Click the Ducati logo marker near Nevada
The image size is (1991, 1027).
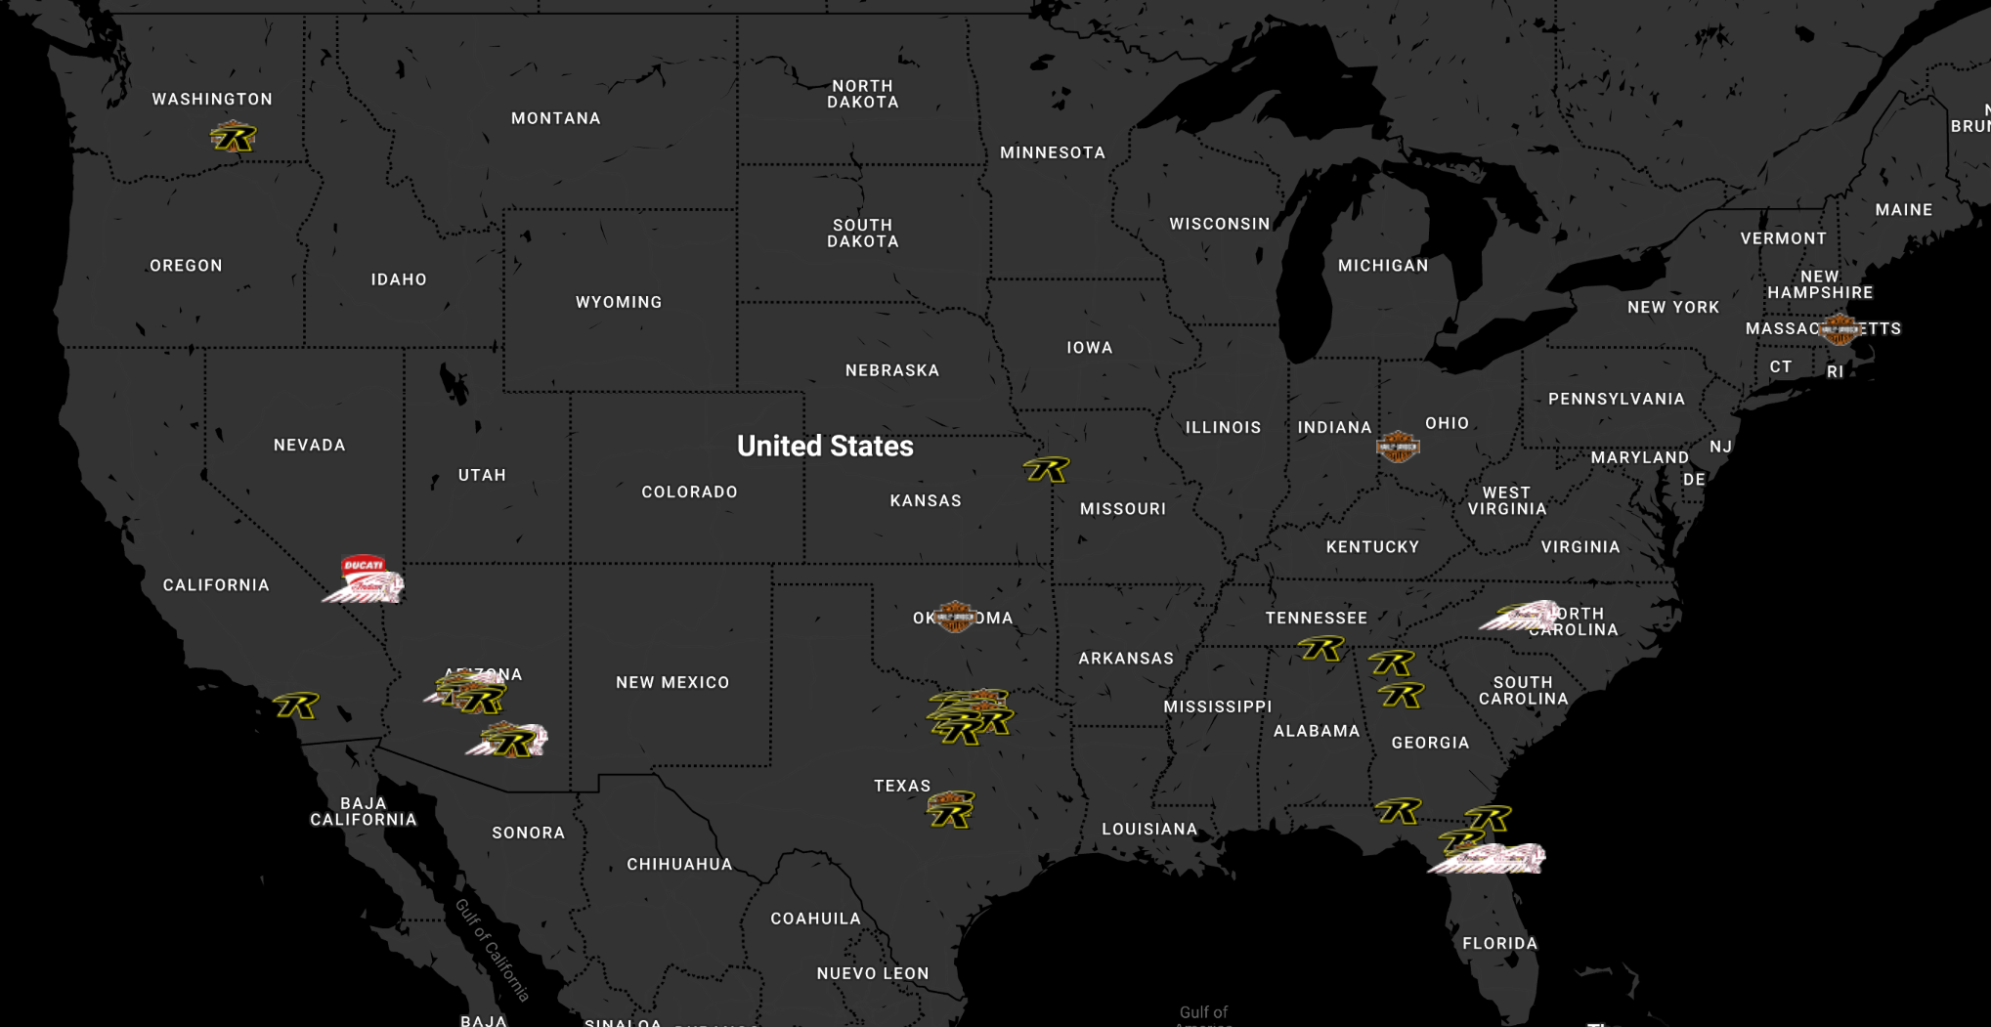[363, 566]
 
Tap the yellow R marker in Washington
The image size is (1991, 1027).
[233, 138]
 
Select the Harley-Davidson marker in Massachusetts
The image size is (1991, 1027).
[1840, 329]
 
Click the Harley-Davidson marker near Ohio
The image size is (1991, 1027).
[1397, 447]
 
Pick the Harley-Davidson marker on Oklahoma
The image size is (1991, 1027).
[954, 617]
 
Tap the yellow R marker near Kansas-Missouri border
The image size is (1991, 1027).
[1046, 470]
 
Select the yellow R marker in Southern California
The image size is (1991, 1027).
[296, 706]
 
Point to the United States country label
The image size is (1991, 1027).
[825, 447]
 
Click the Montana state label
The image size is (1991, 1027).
[556, 118]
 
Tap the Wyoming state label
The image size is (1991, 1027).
[619, 302]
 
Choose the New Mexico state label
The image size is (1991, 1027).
[672, 682]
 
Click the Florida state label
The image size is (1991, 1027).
[1499, 943]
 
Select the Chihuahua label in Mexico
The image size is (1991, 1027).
[679, 864]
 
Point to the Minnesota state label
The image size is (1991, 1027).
[1053, 152]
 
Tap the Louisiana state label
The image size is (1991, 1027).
[1149, 829]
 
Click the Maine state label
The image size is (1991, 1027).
[1903, 209]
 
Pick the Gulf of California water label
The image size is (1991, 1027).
[493, 950]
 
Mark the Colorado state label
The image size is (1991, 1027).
[689, 492]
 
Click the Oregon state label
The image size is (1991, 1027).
[186, 266]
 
